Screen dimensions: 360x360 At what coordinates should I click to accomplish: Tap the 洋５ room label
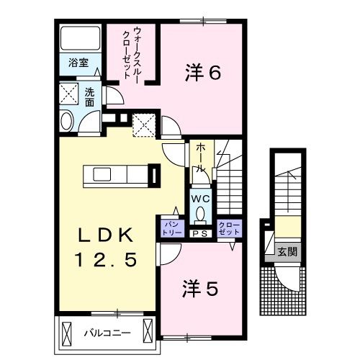tap(199, 289)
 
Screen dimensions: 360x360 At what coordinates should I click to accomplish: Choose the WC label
tap(199, 198)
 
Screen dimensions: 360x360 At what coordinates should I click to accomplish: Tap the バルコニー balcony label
tap(105, 333)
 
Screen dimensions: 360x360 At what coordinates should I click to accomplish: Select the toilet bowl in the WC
tap(199, 214)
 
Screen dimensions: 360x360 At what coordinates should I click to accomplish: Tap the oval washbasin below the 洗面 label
tap(66, 121)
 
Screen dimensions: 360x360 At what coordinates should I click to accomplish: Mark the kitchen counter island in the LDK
tap(116, 175)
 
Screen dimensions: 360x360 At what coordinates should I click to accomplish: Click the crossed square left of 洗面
tap(68, 94)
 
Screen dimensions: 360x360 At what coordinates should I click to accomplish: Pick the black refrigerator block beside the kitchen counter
tap(153, 176)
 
